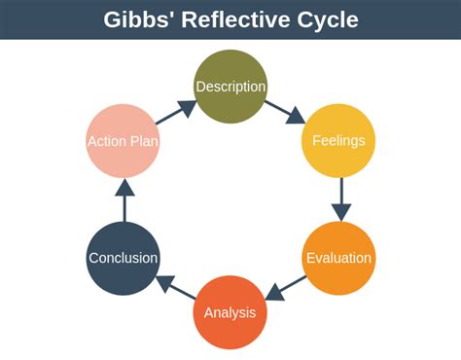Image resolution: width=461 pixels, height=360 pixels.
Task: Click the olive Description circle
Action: click(x=230, y=87)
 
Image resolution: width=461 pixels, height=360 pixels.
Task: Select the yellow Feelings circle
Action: click(x=338, y=140)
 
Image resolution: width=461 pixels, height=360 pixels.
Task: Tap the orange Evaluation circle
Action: click(x=338, y=258)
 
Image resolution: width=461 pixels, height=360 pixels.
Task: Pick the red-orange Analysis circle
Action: click(x=230, y=312)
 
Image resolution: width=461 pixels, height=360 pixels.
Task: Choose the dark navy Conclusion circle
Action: click(x=123, y=258)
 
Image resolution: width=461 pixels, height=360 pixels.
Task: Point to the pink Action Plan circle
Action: click(x=123, y=140)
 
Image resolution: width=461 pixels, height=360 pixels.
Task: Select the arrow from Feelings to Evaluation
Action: click(x=339, y=198)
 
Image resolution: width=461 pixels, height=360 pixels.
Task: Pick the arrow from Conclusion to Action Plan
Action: click(x=124, y=200)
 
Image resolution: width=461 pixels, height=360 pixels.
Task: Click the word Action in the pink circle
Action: click(x=107, y=141)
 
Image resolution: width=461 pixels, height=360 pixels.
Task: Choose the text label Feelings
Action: click(x=338, y=140)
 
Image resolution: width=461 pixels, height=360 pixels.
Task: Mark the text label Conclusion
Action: click(x=123, y=258)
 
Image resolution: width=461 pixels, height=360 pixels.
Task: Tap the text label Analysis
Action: click(x=230, y=312)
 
